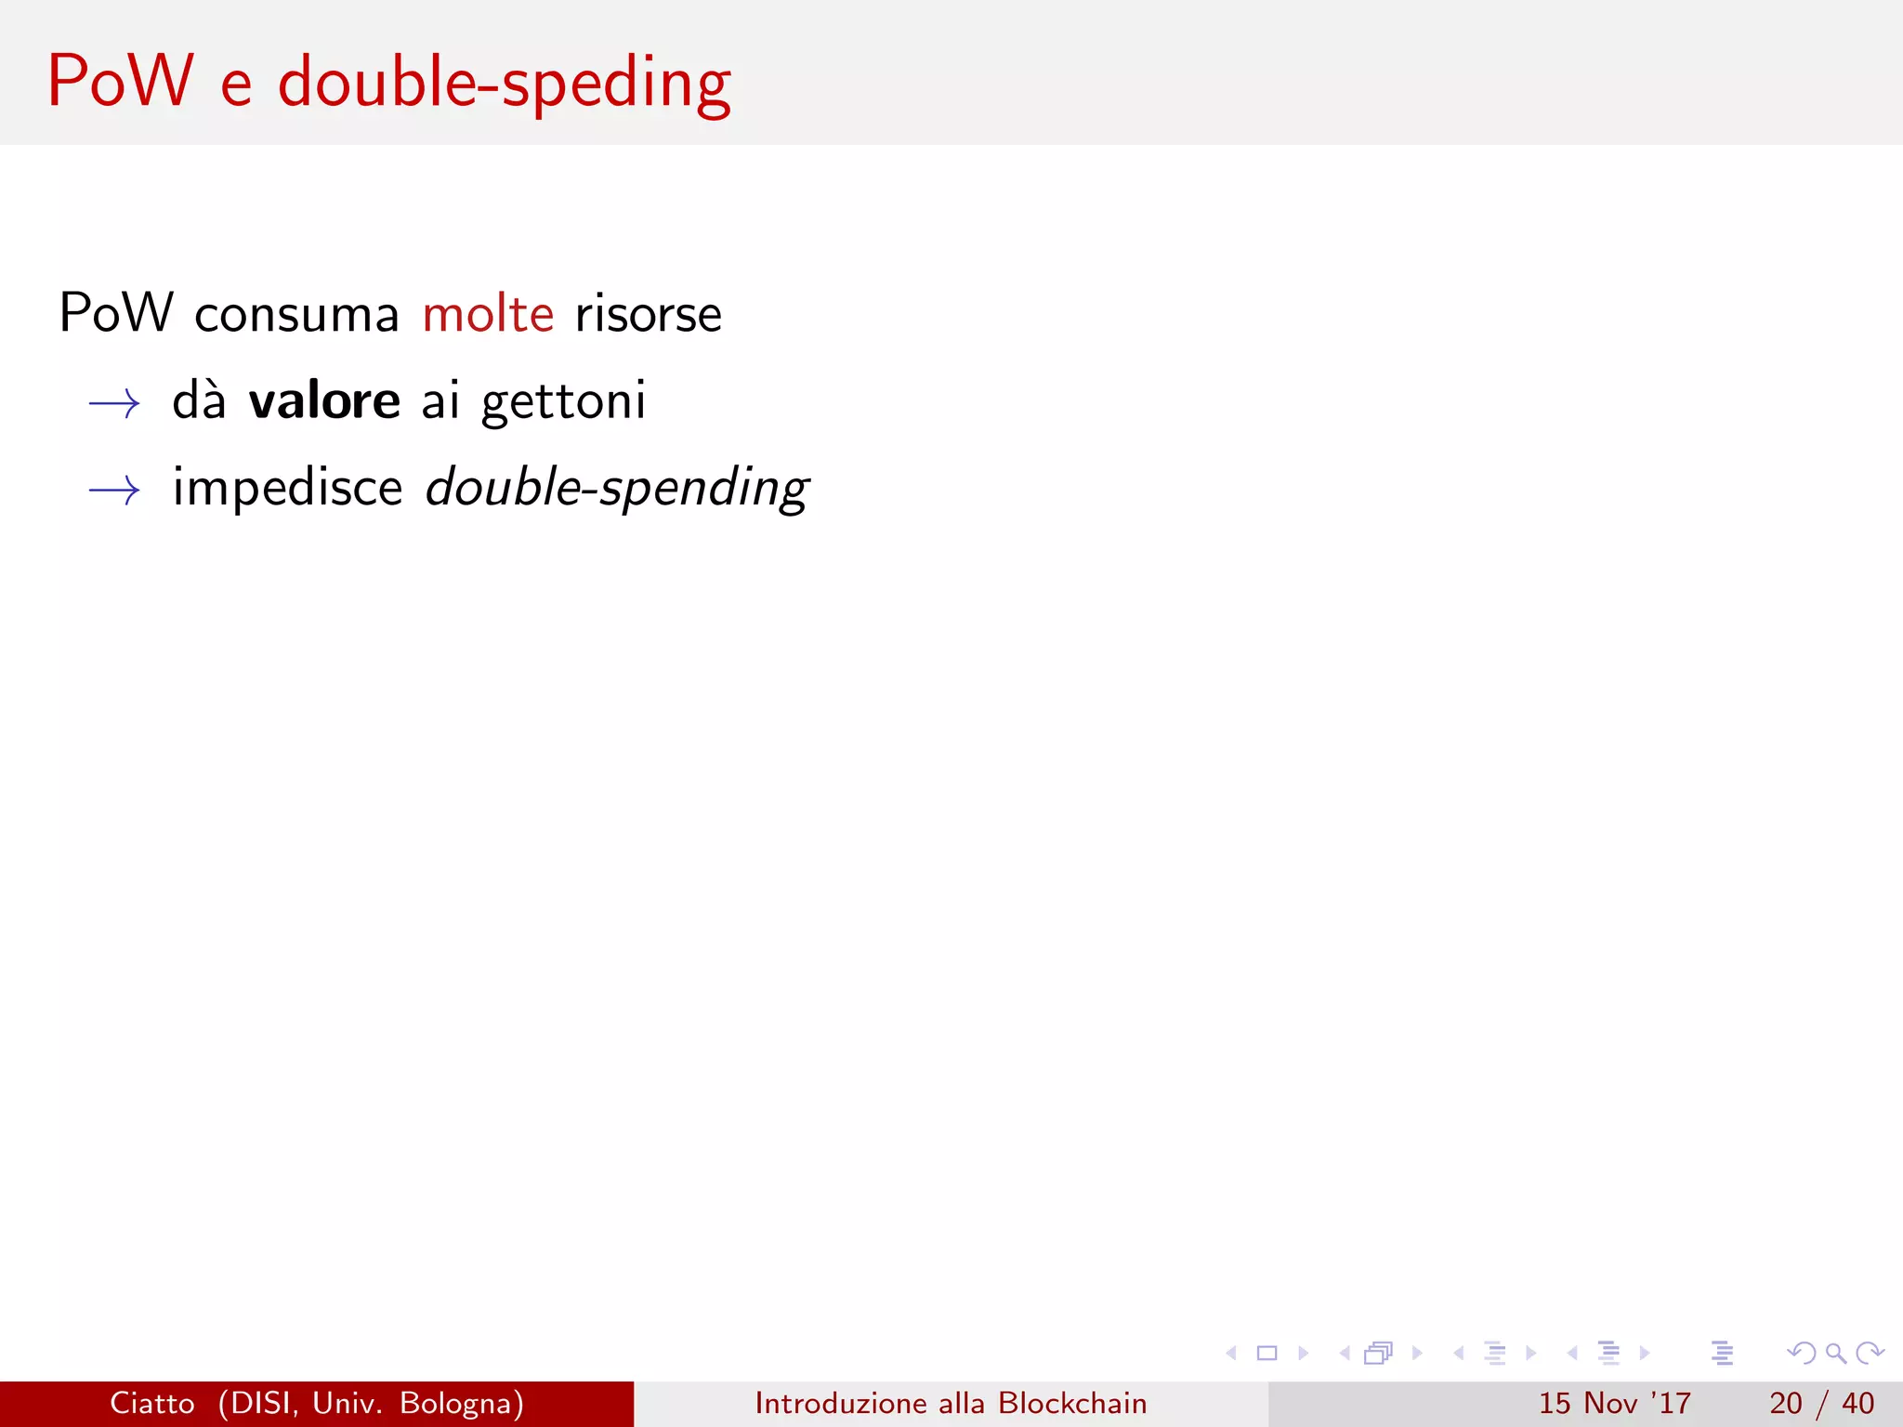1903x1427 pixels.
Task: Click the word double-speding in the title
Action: (505, 84)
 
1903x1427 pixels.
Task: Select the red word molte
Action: (488, 314)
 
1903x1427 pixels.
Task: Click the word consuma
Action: (296, 315)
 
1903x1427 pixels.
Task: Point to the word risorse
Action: (648, 315)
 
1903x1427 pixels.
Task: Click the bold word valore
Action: (324, 401)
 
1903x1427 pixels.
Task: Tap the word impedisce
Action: (287, 488)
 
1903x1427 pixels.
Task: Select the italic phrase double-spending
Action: (617, 488)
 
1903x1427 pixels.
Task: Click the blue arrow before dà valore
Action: (114, 403)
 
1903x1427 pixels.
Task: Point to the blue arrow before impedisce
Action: (114, 490)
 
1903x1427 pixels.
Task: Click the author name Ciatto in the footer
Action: (152, 1403)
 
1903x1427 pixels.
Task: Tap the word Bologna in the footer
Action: (461, 1403)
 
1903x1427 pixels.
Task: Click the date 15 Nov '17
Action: (1614, 1403)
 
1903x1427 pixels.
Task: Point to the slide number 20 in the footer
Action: (1785, 1403)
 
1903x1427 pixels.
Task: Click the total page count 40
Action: (1857, 1403)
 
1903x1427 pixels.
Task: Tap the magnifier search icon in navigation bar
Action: (1835, 1353)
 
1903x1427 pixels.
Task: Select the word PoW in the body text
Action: (116, 313)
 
